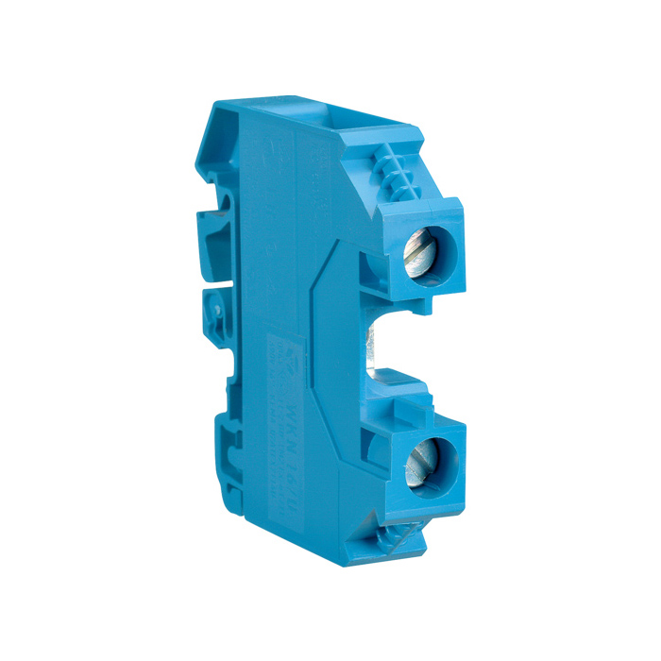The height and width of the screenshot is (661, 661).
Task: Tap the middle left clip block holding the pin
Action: point(215,316)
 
